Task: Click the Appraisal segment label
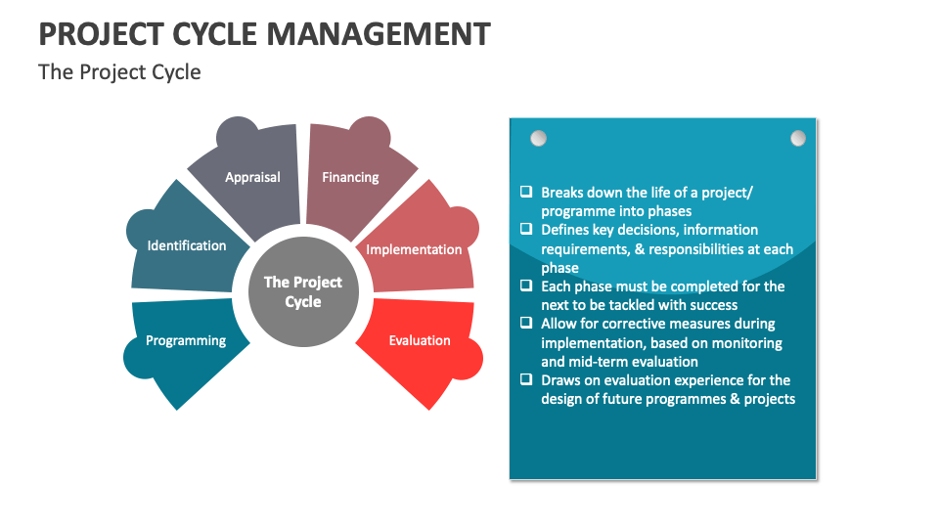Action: (252, 177)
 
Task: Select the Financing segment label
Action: (350, 177)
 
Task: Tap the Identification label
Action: (187, 245)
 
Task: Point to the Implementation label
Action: (414, 249)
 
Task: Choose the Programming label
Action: (186, 340)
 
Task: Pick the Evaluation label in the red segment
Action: (420, 340)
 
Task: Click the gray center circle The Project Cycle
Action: (303, 292)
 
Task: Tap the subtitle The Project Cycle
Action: (119, 72)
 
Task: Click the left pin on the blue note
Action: (538, 138)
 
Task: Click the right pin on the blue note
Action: (798, 138)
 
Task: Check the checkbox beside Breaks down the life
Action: (526, 193)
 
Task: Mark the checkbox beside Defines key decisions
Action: (526, 230)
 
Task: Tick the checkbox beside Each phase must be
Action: (526, 286)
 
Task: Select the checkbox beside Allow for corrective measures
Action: (526, 324)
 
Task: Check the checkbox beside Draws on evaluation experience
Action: (526, 380)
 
